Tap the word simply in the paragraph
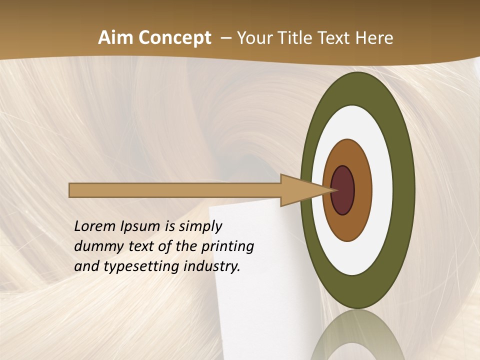[200, 226]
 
